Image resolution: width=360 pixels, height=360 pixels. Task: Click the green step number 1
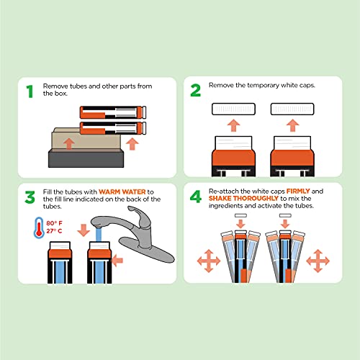[30, 91]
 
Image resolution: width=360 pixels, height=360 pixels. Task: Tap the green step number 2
[195, 90]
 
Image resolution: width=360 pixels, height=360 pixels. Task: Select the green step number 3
[30, 197]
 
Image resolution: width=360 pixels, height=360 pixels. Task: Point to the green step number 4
[196, 197]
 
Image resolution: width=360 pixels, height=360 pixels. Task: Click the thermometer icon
[39, 228]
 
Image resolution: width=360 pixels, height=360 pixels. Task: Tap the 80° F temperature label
[54, 223]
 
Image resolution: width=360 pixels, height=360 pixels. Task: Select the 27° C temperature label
[54, 231]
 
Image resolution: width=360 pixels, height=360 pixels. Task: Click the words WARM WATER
[122, 192]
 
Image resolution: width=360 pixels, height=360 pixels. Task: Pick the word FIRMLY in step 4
[298, 191]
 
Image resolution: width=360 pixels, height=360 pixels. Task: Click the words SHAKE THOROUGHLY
[243, 198]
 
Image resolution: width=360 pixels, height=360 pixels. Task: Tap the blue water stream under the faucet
[99, 235]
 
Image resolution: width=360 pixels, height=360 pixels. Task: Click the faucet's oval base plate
[147, 250]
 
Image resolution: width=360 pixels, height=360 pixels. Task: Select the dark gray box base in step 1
[86, 158]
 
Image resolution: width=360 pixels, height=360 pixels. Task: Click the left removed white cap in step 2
[233, 109]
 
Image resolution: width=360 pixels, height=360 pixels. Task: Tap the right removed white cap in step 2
[292, 109]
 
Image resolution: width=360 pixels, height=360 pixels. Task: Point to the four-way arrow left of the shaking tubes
[209, 261]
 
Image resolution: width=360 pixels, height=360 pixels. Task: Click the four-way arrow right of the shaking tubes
[318, 261]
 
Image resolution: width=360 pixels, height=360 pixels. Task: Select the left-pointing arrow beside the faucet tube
[117, 261]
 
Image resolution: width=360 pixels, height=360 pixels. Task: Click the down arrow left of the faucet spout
[84, 230]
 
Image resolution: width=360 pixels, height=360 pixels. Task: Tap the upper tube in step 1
[113, 112]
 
